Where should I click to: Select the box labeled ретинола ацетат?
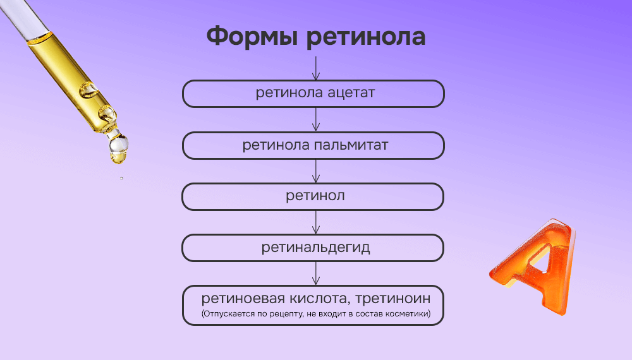tap(313, 93)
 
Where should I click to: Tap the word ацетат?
tap(351, 93)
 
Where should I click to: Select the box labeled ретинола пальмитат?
tap(313, 145)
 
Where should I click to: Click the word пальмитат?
tap(351, 145)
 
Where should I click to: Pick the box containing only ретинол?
tap(313, 196)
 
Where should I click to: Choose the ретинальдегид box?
tap(313, 248)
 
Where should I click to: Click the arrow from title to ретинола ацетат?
tap(316, 67)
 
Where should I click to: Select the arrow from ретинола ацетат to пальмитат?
tap(316, 119)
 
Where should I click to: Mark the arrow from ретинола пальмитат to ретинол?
tap(316, 170)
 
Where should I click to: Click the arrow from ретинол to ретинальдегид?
tap(316, 222)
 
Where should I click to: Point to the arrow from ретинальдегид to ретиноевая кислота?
tap(316, 273)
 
